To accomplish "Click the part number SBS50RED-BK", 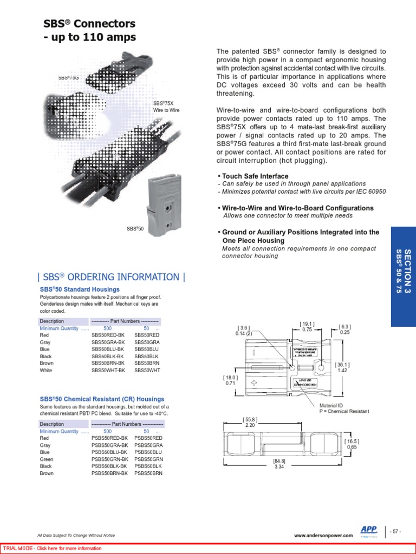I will (x=108, y=335).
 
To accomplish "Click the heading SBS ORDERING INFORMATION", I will (x=111, y=277).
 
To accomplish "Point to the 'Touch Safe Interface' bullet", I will (x=254, y=176).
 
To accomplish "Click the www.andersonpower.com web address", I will (x=323, y=536).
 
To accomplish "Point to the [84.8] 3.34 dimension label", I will (x=279, y=464).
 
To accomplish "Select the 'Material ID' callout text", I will (x=332, y=405).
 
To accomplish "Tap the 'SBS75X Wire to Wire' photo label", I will (x=166, y=107).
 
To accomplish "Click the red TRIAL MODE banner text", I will (x=53, y=549).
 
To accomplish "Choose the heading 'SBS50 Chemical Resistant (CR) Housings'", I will (x=102, y=399).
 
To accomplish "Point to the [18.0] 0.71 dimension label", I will (x=231, y=380).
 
